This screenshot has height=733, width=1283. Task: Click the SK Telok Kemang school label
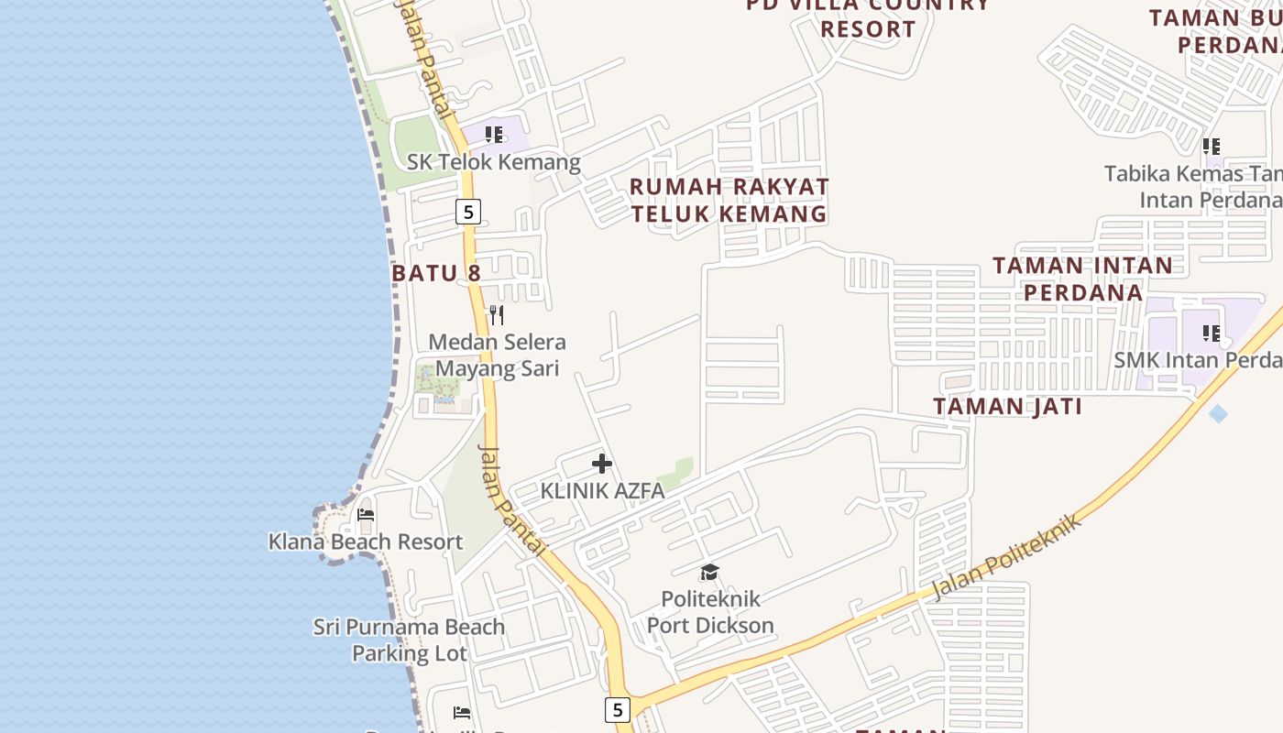494,162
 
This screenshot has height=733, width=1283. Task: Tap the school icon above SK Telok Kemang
495,136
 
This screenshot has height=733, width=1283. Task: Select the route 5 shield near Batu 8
468,213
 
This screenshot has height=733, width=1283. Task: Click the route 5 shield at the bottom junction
618,709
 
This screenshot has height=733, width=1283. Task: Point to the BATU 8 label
436,273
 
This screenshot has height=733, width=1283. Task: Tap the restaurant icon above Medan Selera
497,315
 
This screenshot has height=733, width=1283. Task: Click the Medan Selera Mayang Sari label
497,355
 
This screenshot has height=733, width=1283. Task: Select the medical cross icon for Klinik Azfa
602,464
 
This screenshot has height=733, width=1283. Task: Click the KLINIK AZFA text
602,491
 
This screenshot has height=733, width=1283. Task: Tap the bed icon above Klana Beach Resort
366,515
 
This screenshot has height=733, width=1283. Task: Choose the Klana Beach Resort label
366,542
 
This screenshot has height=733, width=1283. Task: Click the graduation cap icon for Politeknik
709,573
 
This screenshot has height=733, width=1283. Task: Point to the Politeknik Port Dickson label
710,612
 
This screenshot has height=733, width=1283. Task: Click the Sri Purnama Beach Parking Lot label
409,640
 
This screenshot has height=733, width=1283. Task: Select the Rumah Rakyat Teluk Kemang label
729,200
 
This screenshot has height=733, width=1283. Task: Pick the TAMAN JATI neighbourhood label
1007,407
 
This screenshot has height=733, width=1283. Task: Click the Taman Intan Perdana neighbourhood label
1082,279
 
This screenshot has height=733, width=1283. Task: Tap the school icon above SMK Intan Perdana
1212,334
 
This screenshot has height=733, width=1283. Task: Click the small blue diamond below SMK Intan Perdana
1218,414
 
